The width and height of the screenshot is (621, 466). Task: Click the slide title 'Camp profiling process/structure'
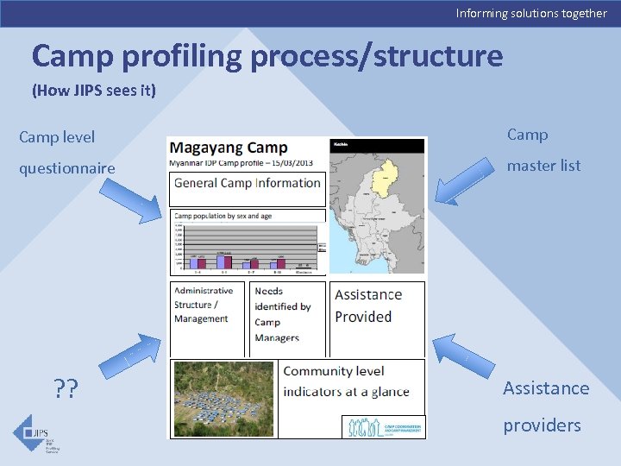[267, 56]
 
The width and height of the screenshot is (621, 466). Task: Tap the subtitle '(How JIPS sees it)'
[94, 91]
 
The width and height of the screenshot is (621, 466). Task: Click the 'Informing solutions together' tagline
[530, 13]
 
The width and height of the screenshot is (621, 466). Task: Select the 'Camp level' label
[57, 137]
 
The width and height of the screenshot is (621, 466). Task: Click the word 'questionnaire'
[67, 168]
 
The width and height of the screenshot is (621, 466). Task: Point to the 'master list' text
[543, 166]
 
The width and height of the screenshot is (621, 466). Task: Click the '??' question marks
[65, 390]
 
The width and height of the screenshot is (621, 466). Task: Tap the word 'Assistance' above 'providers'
[546, 388]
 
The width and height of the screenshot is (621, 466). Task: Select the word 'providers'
[543, 425]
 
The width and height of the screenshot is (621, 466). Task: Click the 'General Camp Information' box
[247, 183]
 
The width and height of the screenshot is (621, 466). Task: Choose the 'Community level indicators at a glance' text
[347, 381]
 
